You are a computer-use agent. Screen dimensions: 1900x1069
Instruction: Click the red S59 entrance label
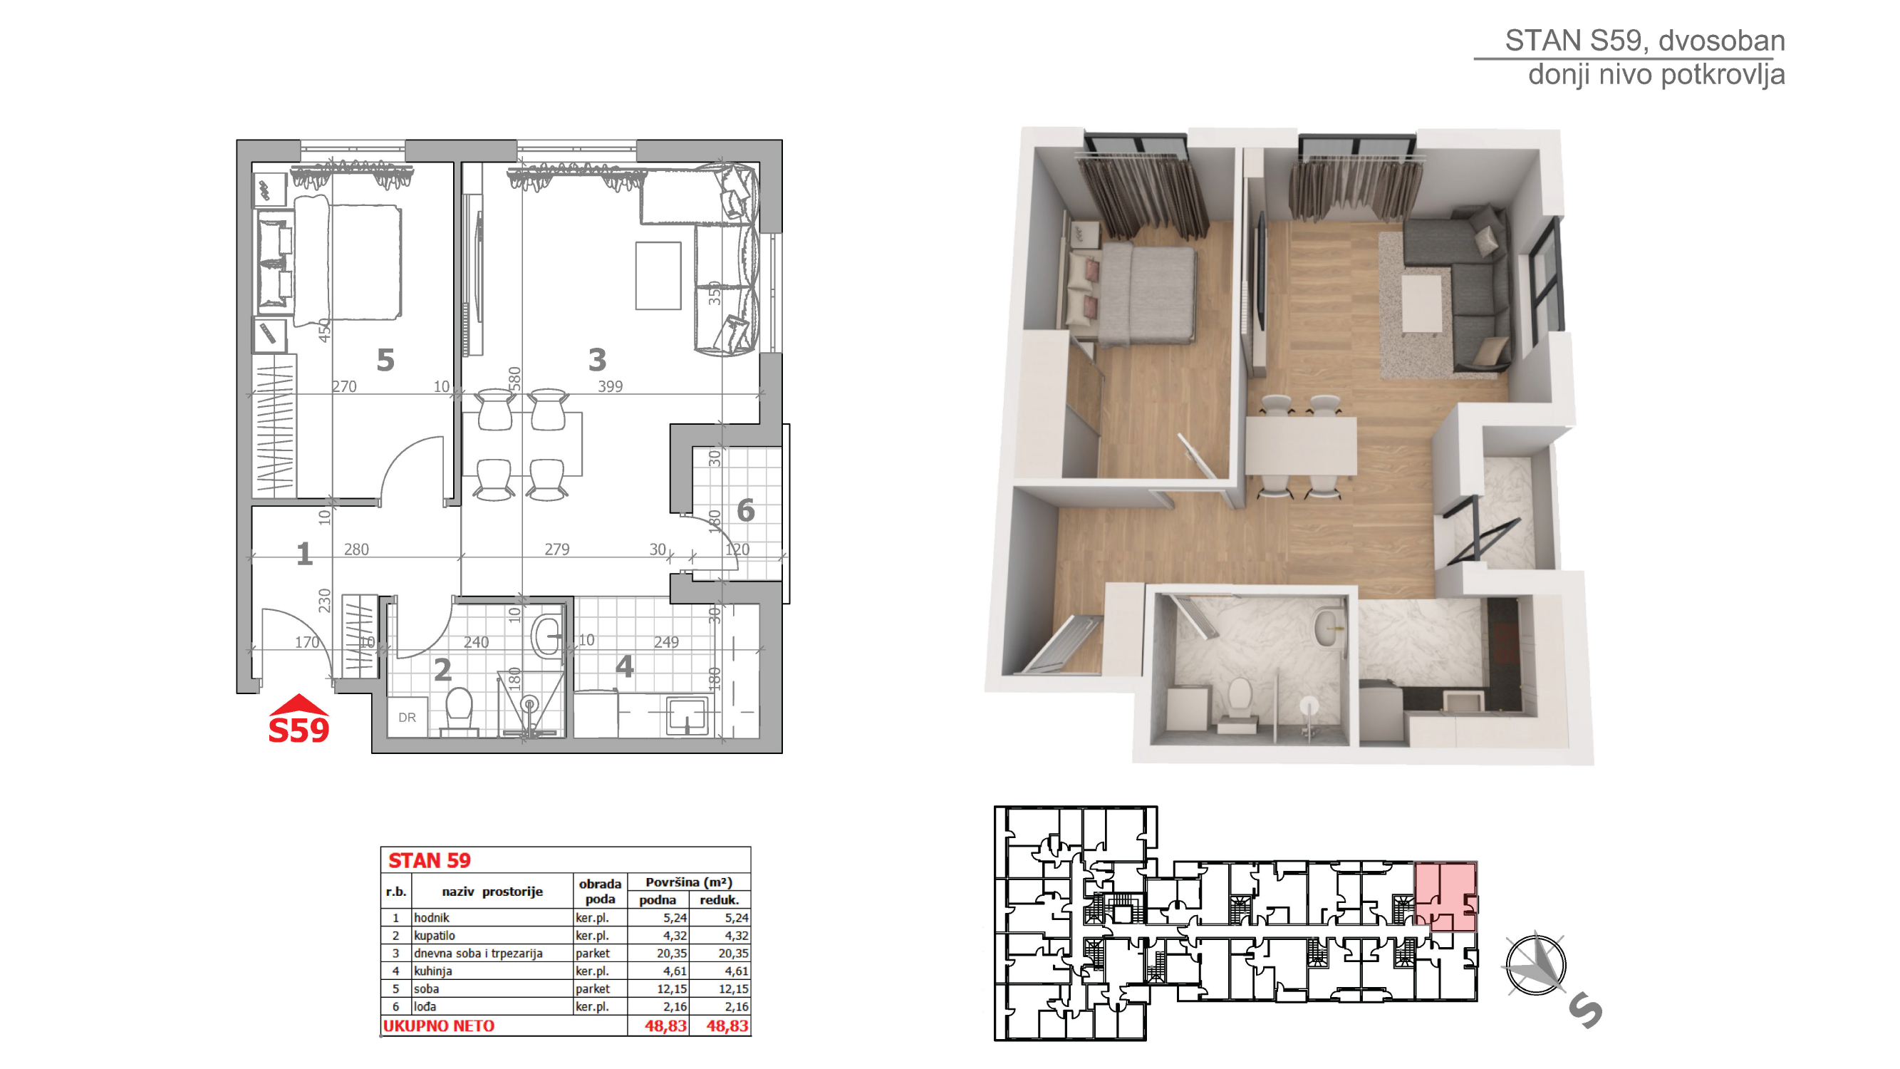[x=299, y=730]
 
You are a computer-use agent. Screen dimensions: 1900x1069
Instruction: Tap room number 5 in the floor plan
[x=385, y=360]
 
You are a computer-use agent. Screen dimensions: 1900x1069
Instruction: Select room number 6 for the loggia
[x=746, y=510]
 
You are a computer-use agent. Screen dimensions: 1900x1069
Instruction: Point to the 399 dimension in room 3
[x=610, y=386]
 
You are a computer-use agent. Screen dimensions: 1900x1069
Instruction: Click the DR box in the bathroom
[x=407, y=717]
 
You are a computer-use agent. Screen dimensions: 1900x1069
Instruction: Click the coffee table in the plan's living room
[x=658, y=276]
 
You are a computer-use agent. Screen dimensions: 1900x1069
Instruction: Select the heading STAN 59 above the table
[x=430, y=860]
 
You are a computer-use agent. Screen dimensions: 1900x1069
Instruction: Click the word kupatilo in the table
[x=434, y=936]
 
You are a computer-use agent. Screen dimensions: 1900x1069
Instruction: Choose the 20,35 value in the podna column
[x=672, y=953]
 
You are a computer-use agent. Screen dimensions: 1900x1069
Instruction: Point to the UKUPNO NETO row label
[x=439, y=1026]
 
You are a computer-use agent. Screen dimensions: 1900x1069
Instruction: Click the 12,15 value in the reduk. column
[x=733, y=988]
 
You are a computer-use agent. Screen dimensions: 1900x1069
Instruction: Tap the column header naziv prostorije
[x=492, y=892]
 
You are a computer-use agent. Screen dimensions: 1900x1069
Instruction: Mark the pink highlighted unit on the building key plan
[x=1445, y=897]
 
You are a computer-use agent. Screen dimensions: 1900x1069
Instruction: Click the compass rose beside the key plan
[x=1536, y=964]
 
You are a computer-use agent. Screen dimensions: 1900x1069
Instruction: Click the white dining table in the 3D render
[x=1301, y=445]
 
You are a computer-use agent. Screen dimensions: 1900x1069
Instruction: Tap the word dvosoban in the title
[x=1721, y=41]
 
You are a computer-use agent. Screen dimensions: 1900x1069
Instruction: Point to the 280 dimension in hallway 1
[x=356, y=549]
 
